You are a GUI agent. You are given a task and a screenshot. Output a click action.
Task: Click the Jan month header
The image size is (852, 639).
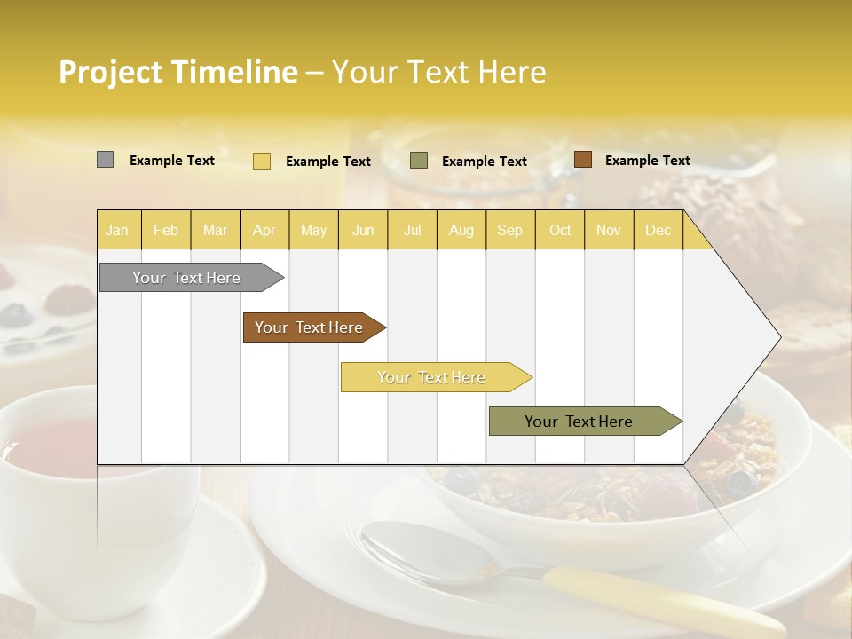118,231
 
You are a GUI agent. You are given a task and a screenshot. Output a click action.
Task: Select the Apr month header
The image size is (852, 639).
264,231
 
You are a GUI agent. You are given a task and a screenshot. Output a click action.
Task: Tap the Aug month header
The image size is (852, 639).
461,231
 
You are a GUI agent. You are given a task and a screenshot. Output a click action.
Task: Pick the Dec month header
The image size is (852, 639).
659,231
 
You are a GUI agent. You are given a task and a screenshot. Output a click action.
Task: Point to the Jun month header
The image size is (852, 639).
363,231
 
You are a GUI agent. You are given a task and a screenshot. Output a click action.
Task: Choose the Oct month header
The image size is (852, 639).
560,231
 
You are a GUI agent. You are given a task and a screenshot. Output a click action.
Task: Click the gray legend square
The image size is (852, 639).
105,160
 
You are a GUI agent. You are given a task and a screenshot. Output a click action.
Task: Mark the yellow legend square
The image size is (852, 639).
262,161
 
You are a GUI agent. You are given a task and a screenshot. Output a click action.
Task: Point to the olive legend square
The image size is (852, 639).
419,161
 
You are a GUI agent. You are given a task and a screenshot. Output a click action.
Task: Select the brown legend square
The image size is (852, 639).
583,160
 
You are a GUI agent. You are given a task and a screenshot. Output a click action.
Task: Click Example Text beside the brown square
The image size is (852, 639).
648,161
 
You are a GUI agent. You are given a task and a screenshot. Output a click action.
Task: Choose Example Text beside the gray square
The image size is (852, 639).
172,161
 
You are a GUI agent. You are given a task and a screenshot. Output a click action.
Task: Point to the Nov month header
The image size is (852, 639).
609,231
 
